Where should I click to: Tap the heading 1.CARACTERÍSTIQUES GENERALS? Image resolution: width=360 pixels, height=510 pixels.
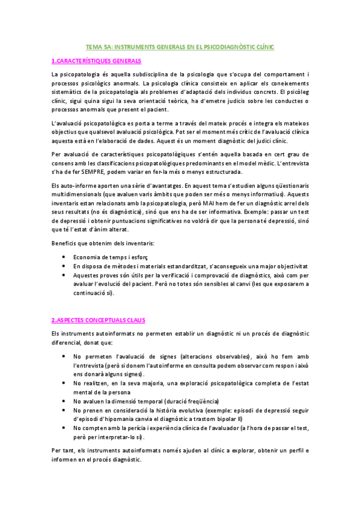point(96,61)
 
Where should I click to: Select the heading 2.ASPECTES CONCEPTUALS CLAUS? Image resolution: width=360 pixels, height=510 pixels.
point(98,320)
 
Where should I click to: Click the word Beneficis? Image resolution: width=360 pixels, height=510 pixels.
point(66,242)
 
